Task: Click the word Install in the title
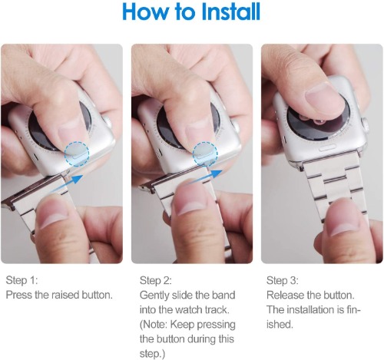click(230, 12)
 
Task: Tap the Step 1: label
click(22, 280)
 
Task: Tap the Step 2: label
click(156, 280)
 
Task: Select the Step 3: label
click(283, 280)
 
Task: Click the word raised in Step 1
click(65, 295)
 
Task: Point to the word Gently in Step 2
click(154, 296)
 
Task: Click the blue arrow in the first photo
click(67, 183)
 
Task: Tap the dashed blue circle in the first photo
click(77, 154)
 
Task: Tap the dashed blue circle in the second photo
click(205, 154)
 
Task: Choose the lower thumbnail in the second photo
click(190, 201)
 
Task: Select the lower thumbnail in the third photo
click(344, 220)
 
